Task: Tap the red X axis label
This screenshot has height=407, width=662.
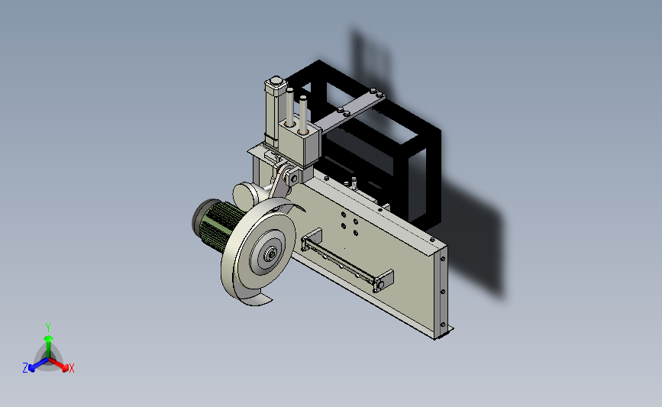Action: [x=71, y=368]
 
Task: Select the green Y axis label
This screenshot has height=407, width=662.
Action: [x=47, y=328]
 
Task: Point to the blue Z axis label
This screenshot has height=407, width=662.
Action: [x=25, y=368]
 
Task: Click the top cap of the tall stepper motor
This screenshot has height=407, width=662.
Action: [x=276, y=81]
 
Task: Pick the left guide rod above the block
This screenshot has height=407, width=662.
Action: [x=289, y=106]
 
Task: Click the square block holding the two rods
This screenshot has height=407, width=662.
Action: [x=299, y=142]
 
